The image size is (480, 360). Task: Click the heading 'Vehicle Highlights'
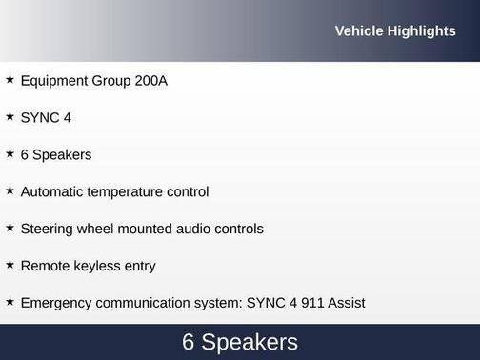[x=395, y=31]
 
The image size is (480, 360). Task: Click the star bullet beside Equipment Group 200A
[x=10, y=80]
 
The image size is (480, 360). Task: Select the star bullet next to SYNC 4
[x=10, y=117]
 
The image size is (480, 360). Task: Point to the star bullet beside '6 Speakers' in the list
[x=10, y=153]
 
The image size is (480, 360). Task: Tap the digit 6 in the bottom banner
[x=189, y=343]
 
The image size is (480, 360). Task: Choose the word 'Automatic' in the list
[x=51, y=191]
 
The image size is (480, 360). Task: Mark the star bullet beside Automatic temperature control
[x=10, y=190]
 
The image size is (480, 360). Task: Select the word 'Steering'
[x=49, y=229]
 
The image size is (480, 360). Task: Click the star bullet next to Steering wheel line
[x=10, y=228]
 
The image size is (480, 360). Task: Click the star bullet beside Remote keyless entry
[x=10, y=265]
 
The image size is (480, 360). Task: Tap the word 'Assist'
[x=344, y=303]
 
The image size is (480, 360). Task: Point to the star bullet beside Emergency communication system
[x=10, y=302]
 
